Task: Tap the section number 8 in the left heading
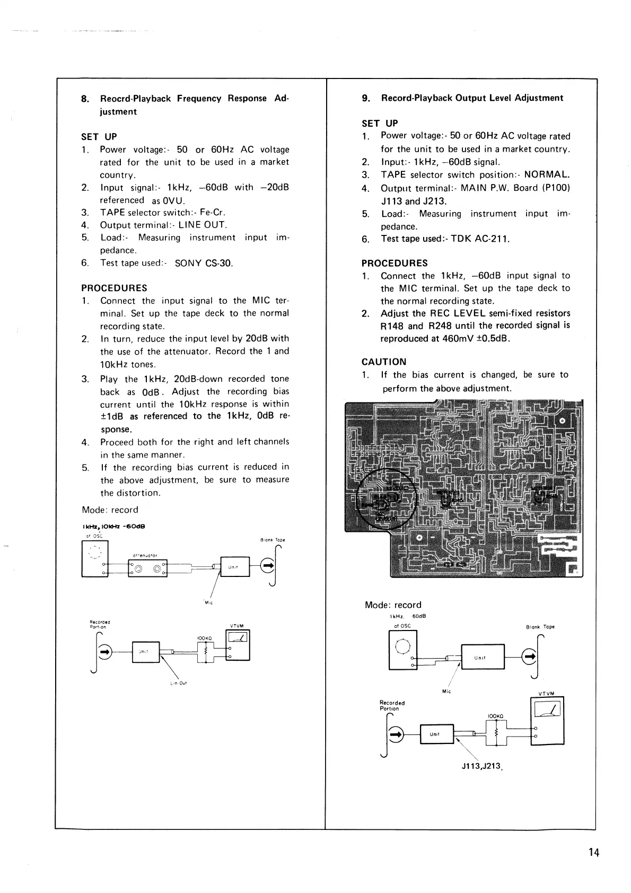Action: (x=84, y=99)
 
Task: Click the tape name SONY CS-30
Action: (x=204, y=263)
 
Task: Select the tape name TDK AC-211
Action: (x=480, y=239)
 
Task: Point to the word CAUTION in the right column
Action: (x=384, y=362)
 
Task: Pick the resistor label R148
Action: (x=392, y=326)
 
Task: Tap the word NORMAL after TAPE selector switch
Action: (x=547, y=175)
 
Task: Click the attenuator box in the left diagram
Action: (x=147, y=570)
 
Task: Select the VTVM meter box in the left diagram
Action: (x=238, y=644)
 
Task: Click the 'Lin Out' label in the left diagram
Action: (x=179, y=684)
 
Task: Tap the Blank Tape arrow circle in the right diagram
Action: (x=529, y=658)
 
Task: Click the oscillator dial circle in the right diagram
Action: (x=403, y=647)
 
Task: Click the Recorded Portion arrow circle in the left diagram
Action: (x=105, y=651)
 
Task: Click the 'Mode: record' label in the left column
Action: (x=110, y=510)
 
